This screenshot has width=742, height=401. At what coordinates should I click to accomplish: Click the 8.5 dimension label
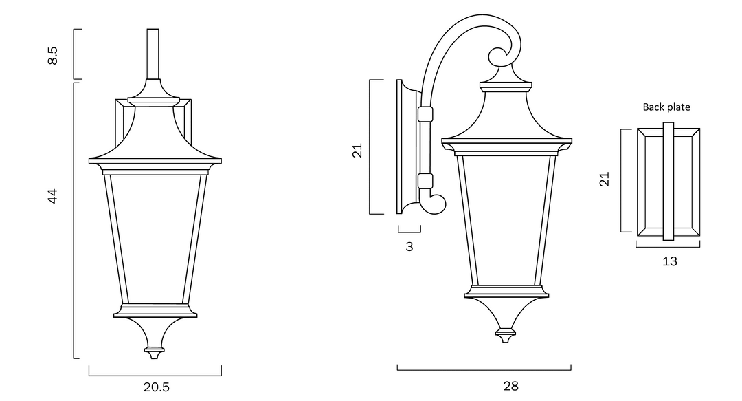click(53, 55)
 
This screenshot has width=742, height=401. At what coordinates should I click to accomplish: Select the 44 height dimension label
click(53, 196)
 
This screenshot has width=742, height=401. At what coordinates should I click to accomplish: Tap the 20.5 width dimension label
click(156, 387)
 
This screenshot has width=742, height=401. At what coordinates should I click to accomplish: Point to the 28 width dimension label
click(510, 386)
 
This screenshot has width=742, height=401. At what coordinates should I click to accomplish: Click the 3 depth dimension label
click(409, 246)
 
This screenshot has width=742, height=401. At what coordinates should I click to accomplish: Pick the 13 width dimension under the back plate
click(670, 261)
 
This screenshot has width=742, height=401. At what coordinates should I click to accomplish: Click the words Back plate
click(666, 107)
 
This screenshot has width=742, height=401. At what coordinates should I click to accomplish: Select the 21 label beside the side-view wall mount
click(358, 150)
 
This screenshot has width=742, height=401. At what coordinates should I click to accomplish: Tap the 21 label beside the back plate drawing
click(605, 179)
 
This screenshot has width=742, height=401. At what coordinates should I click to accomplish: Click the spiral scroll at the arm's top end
click(501, 56)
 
